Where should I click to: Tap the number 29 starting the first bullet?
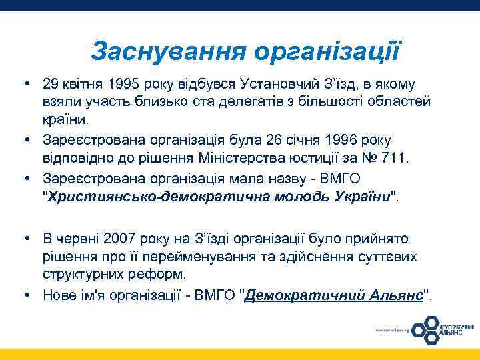click(50, 85)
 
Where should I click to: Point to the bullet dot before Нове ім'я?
click(30, 294)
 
